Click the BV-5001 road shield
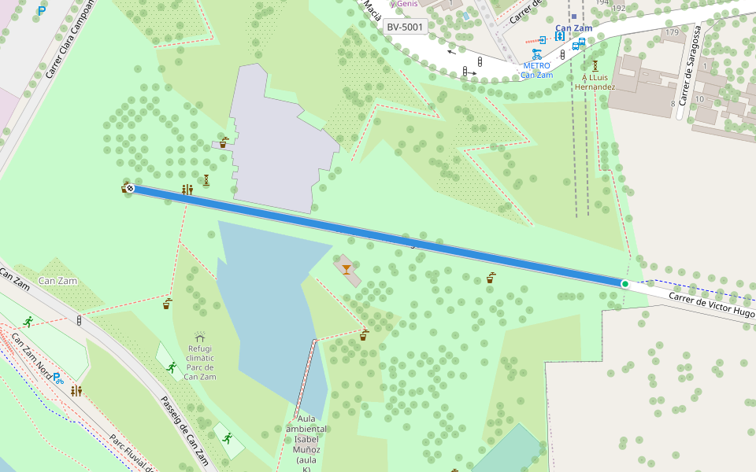(406, 28)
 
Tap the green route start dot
(624, 284)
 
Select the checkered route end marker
(130, 188)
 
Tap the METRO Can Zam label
(536, 70)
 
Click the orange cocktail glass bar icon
(346, 268)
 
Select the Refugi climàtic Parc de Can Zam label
(200, 363)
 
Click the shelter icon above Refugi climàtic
(200, 336)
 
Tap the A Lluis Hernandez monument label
(595, 83)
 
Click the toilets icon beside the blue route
(187, 190)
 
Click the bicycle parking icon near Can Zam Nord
(57, 378)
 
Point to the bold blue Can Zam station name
(573, 28)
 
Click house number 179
(672, 32)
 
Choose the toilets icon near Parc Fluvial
(76, 391)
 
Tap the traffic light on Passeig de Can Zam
(79, 321)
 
